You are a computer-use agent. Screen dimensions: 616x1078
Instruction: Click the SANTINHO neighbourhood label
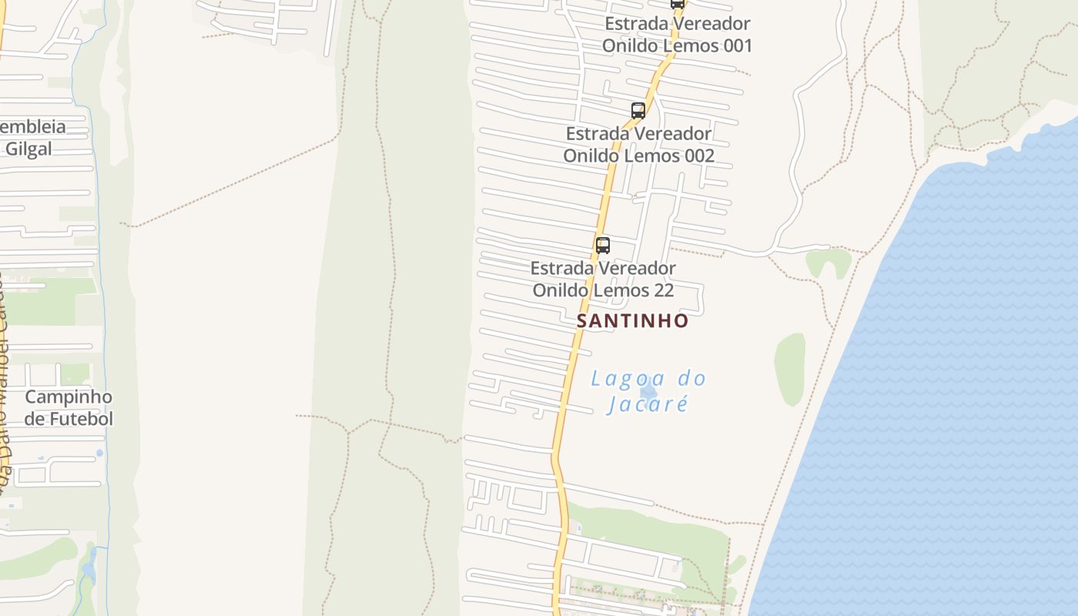click(x=632, y=320)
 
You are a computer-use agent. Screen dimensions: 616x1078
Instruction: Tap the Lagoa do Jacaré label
click(x=648, y=391)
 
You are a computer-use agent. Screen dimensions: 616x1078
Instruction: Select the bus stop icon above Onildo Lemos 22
click(x=603, y=246)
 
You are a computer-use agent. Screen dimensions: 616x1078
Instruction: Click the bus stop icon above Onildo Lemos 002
click(x=638, y=110)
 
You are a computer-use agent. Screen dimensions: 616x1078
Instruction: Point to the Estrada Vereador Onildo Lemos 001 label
click(x=677, y=35)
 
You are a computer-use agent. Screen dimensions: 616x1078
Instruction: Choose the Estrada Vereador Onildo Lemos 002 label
click(x=638, y=145)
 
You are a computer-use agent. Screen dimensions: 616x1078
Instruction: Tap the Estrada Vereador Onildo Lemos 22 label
click(x=603, y=280)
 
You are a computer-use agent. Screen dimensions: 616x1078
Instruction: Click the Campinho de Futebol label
click(x=69, y=408)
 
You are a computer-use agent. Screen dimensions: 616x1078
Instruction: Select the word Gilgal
click(x=28, y=149)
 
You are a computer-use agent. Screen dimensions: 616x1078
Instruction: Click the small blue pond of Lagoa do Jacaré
click(x=648, y=392)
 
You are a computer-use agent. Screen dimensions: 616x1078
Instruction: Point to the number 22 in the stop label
click(x=663, y=290)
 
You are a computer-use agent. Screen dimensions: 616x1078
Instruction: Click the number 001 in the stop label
click(x=738, y=45)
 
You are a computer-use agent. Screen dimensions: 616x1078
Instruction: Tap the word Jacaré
click(x=647, y=403)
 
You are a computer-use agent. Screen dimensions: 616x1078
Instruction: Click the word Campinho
click(x=69, y=397)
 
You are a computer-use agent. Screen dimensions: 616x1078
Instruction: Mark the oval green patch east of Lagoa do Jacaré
click(x=789, y=369)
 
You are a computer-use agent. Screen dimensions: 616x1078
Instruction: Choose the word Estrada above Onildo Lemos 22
click(x=565, y=269)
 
